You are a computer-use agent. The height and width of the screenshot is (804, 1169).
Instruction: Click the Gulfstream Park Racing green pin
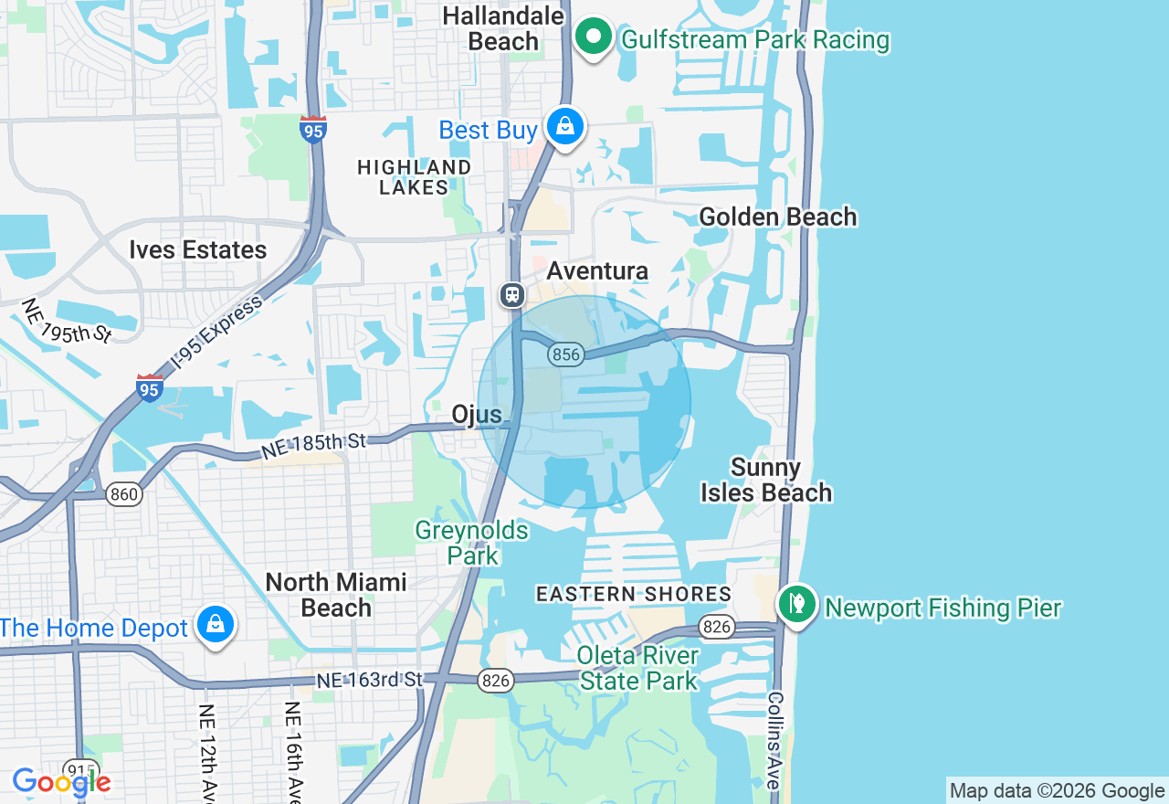pyautogui.click(x=594, y=38)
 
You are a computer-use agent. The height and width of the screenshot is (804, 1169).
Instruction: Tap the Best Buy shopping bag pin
pyautogui.click(x=565, y=127)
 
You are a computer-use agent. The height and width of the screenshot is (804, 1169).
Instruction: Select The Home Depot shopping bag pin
pyautogui.click(x=216, y=626)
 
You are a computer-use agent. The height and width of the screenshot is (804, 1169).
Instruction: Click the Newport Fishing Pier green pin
pyautogui.click(x=797, y=604)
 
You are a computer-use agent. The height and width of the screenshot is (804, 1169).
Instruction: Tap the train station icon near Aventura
pyautogui.click(x=512, y=295)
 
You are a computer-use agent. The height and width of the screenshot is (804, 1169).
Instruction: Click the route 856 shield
pyautogui.click(x=566, y=354)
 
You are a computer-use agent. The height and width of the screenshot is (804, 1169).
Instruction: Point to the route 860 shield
pyautogui.click(x=123, y=495)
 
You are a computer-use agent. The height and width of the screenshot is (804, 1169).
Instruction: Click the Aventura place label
pyautogui.click(x=597, y=271)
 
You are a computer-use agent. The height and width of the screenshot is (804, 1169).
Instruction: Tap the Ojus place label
pyautogui.click(x=477, y=415)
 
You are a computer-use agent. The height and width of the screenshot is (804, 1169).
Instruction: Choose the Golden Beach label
pyautogui.click(x=778, y=217)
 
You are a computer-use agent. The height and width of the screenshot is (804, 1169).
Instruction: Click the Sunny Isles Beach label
pyautogui.click(x=766, y=481)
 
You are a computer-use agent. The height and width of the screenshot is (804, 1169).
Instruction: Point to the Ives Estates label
pyautogui.click(x=198, y=250)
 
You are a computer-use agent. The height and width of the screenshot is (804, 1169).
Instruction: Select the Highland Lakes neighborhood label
pyautogui.click(x=415, y=177)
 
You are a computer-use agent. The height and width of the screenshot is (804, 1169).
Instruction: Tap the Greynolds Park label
pyautogui.click(x=471, y=543)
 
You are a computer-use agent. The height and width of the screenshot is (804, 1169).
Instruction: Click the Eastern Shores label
pyautogui.click(x=634, y=594)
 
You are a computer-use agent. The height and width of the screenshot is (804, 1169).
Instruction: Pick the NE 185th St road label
pyautogui.click(x=313, y=446)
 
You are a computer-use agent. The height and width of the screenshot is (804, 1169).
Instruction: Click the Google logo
pyautogui.click(x=61, y=782)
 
